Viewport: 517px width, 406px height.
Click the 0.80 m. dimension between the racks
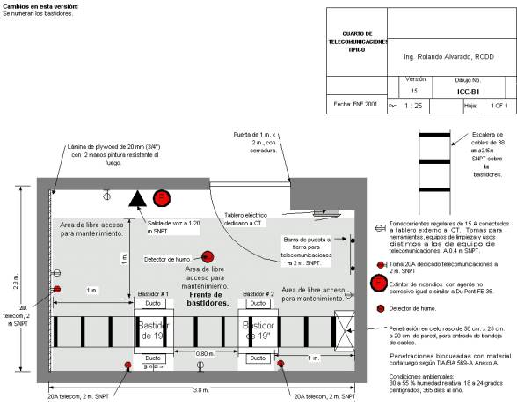206,353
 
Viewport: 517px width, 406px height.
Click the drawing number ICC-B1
469,90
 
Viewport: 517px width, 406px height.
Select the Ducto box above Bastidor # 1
152,304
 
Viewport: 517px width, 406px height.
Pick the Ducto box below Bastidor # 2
258,358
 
